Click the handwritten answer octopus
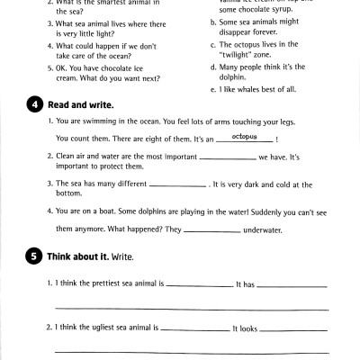point(238,137)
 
